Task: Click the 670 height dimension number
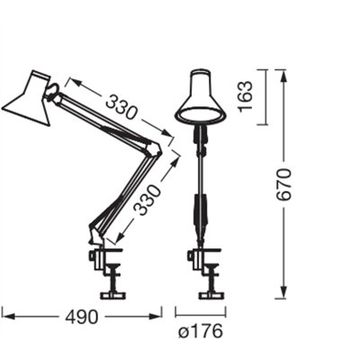point(284,185)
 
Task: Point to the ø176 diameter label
point(200,331)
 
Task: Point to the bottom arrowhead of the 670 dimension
point(284,292)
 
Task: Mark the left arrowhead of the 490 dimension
point(5,316)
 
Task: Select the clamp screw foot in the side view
point(112,292)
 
